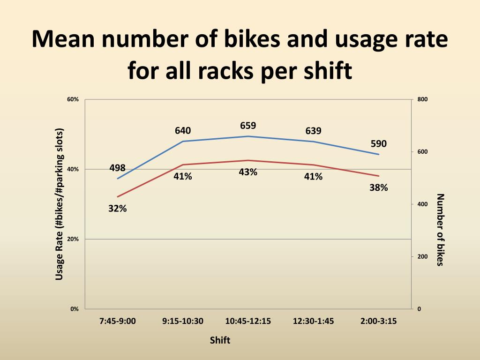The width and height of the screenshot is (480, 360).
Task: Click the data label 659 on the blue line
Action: tap(248, 126)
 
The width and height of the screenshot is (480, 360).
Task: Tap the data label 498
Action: tap(117, 168)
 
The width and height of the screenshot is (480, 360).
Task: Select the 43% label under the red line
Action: tap(248, 172)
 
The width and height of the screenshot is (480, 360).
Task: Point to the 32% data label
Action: tap(117, 209)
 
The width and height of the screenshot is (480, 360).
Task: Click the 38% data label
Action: tap(379, 187)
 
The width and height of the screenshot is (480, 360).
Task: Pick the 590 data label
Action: tap(379, 143)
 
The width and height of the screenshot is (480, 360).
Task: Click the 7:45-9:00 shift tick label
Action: tap(117, 321)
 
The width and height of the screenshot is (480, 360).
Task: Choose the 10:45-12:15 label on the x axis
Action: tap(248, 321)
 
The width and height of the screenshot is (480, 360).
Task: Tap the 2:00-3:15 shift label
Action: tap(379, 321)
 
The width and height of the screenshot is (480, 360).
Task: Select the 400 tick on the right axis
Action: tap(421, 204)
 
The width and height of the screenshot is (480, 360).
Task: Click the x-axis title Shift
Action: tap(220, 340)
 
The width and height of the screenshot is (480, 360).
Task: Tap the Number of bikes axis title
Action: tap(439, 230)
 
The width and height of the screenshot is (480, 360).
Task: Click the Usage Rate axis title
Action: tap(60, 204)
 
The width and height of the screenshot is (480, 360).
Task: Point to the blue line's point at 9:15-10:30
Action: tap(183, 141)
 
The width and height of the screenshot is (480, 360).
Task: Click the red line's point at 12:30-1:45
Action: tap(313, 165)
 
